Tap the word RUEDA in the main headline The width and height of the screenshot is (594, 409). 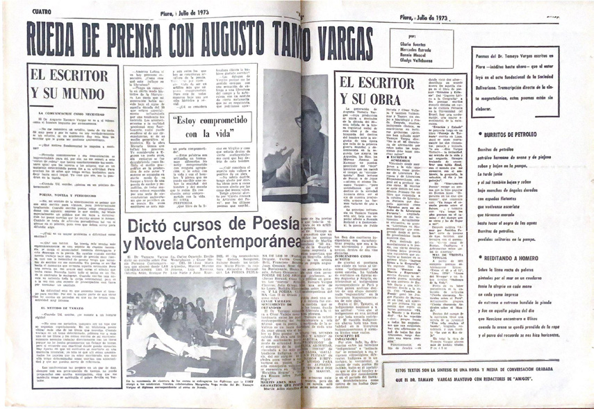point(59,35)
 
